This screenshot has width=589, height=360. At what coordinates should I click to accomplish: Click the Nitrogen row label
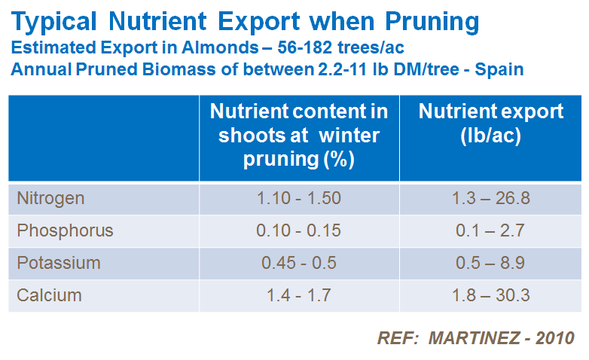[x=50, y=199]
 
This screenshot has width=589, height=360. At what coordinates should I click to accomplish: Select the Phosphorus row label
[x=65, y=230]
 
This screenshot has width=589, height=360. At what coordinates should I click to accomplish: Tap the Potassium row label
[x=59, y=263]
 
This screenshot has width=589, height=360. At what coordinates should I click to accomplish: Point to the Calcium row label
[x=49, y=294]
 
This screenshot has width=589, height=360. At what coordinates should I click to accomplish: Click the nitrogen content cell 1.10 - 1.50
[x=299, y=199]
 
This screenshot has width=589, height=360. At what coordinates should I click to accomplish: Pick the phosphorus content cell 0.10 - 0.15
[x=299, y=230]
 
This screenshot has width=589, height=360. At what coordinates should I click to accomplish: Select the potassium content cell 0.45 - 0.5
[x=299, y=263]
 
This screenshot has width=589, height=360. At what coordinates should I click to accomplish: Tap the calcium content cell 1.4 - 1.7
[x=299, y=294]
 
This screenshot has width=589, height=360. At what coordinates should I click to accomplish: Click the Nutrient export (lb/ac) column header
[x=491, y=124]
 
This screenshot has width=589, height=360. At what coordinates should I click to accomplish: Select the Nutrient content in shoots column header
[x=299, y=136]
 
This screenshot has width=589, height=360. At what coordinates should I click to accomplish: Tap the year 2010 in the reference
[x=555, y=337]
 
